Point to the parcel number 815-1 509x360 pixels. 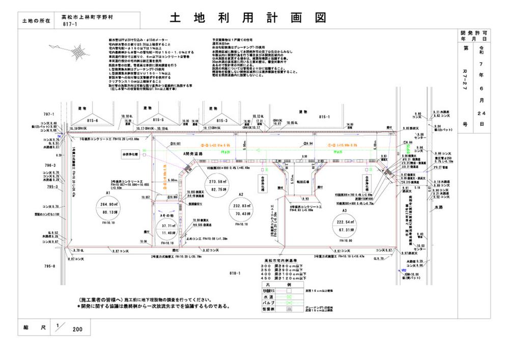click(324, 117)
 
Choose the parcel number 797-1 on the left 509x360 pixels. click(49, 115)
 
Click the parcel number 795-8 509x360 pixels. click(49, 266)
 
